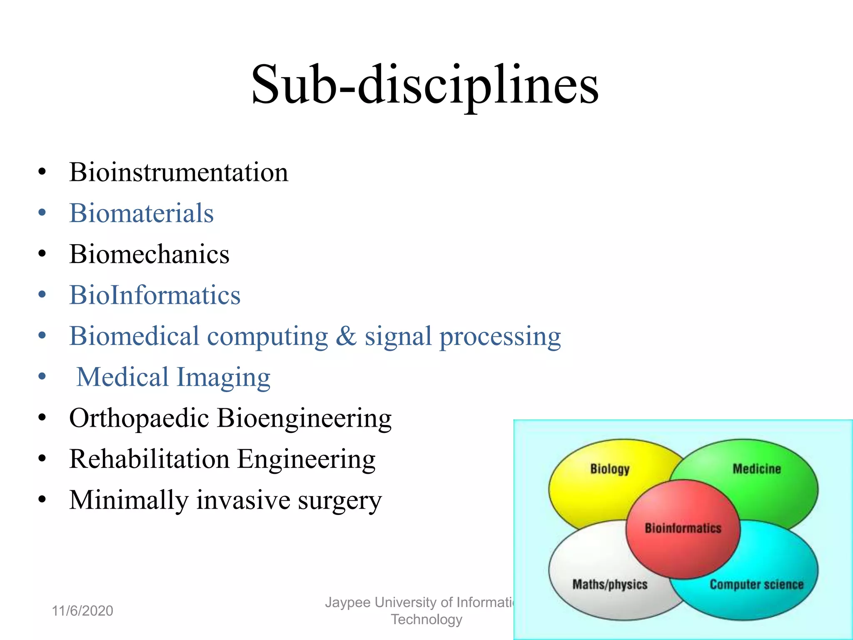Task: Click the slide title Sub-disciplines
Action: (x=425, y=85)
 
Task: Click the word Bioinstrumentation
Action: (x=179, y=172)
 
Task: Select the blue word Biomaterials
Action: (x=141, y=213)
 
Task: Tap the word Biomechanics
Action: (x=149, y=254)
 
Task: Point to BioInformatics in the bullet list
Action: (x=155, y=295)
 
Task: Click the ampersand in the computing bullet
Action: (x=346, y=336)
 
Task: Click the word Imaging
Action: (x=224, y=377)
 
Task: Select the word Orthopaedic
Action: (x=139, y=418)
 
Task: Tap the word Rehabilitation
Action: (x=149, y=459)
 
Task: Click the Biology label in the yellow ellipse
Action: (x=610, y=469)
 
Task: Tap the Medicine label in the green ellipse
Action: (x=756, y=469)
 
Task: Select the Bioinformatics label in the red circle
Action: (x=683, y=528)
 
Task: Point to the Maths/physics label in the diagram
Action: (x=610, y=585)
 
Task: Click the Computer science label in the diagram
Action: (x=756, y=585)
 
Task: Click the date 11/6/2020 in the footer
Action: (x=82, y=611)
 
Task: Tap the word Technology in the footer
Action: (x=426, y=620)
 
